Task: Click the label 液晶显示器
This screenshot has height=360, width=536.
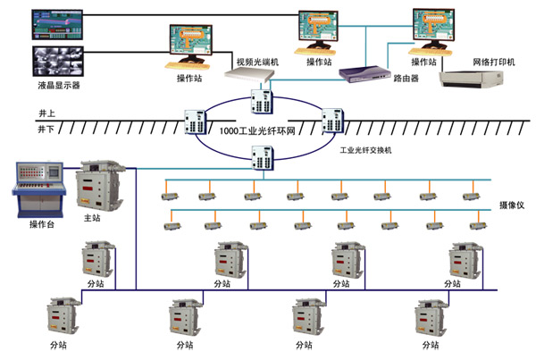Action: click(57, 85)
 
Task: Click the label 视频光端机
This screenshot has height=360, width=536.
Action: click(257, 63)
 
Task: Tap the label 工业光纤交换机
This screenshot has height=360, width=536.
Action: click(366, 151)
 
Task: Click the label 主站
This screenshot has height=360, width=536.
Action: click(93, 217)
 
